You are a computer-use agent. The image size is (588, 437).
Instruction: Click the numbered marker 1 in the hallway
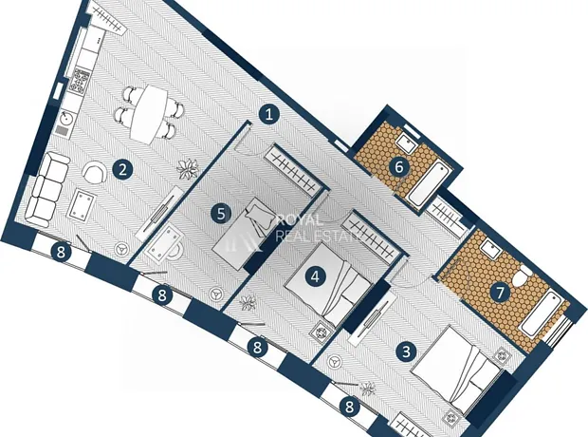(x=269, y=114)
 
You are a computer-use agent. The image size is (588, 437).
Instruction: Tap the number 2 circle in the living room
(x=122, y=170)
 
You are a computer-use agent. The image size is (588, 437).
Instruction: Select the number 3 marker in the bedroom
(x=406, y=351)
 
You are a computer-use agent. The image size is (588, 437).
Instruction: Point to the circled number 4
(x=315, y=277)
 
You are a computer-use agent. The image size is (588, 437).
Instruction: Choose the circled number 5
(x=221, y=214)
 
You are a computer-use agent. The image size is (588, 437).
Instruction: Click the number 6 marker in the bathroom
(x=399, y=166)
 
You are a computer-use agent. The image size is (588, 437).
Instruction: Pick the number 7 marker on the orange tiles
(x=501, y=293)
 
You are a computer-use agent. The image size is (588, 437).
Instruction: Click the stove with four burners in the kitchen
(x=81, y=81)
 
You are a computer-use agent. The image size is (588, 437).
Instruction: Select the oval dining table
(x=149, y=114)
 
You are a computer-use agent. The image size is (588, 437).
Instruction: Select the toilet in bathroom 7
(x=523, y=276)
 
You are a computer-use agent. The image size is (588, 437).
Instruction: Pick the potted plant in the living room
(x=188, y=169)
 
